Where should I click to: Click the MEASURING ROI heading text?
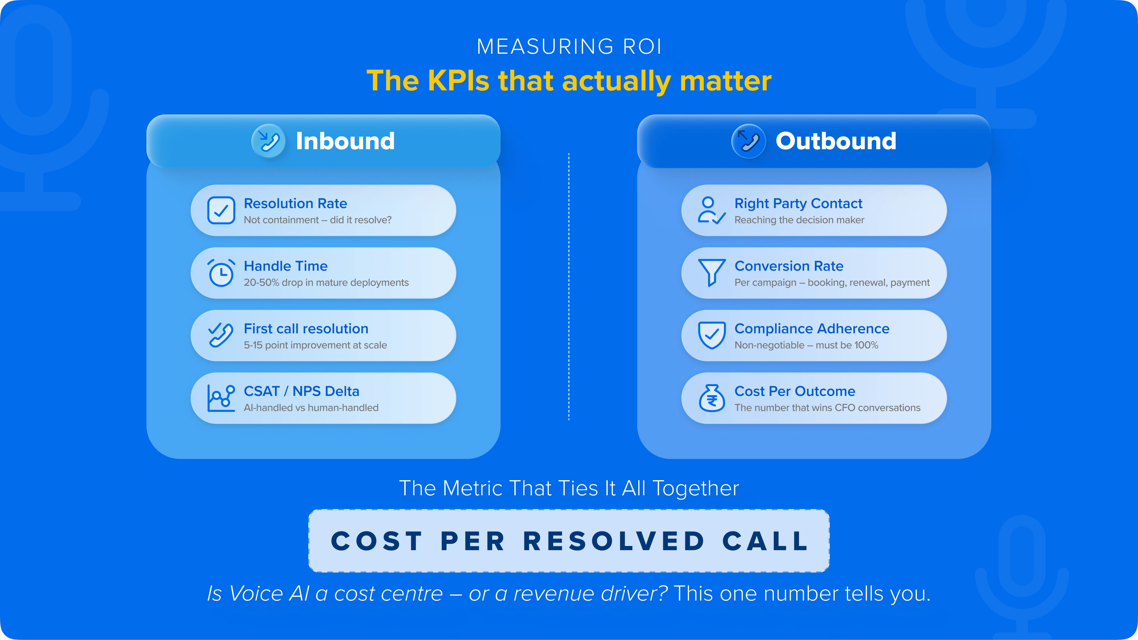[x=569, y=47]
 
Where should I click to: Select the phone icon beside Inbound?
[x=268, y=141]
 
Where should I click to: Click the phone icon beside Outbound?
[x=748, y=141]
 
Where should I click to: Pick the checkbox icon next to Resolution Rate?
[x=221, y=210]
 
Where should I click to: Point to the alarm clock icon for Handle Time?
[x=221, y=273]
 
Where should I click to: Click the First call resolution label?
[x=306, y=329]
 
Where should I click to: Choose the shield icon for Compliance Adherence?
[x=711, y=335]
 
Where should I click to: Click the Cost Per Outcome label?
[x=794, y=391]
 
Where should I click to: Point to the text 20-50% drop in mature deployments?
[x=326, y=283]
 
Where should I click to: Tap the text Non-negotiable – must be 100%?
[x=806, y=345]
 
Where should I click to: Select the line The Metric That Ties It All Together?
[x=569, y=488]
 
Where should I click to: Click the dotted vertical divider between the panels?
[x=569, y=287]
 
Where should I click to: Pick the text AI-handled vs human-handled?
[x=311, y=408]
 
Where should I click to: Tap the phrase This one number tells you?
[x=802, y=593]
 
